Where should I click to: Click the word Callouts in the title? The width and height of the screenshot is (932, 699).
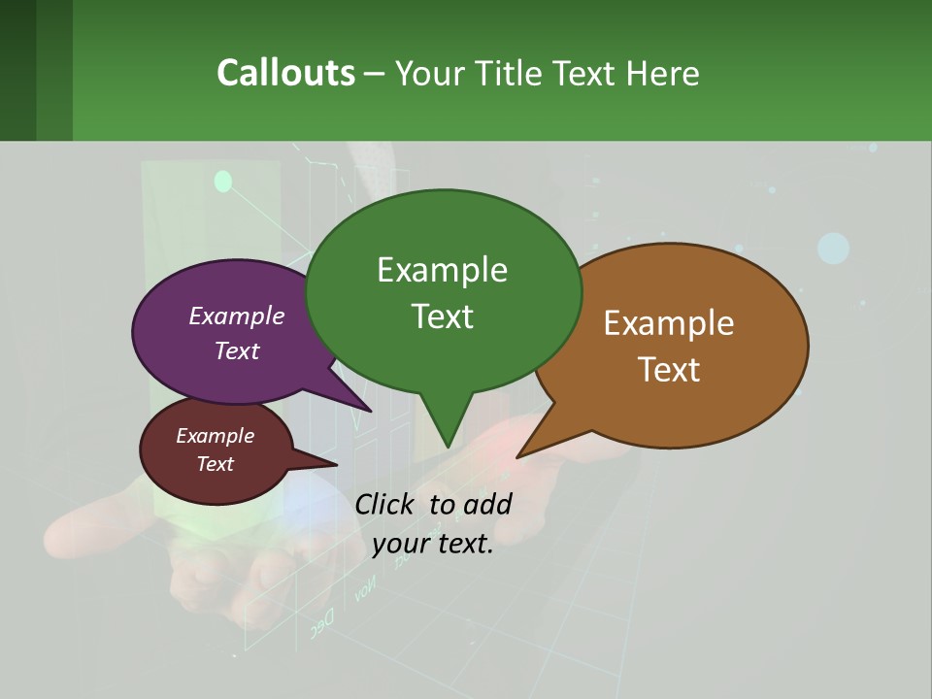click(285, 73)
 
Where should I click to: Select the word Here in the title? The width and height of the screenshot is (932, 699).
click(664, 73)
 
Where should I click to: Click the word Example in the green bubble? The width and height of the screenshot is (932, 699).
click(442, 270)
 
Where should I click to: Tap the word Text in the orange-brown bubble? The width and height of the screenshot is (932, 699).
click(670, 370)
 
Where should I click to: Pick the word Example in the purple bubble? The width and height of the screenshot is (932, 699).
click(237, 316)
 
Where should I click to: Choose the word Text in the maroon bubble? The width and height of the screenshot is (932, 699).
click(216, 464)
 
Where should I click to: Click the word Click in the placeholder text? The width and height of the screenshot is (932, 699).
click(386, 504)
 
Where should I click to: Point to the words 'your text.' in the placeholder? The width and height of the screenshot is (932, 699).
click(433, 544)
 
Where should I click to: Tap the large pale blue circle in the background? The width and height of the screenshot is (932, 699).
click(833, 249)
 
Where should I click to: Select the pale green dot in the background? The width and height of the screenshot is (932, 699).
click(223, 181)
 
